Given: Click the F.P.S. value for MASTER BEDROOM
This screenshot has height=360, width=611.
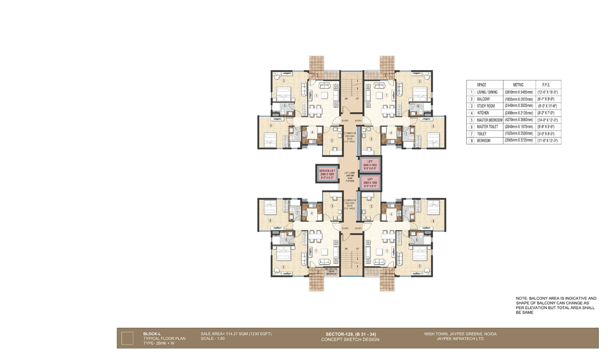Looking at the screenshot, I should (x=547, y=120).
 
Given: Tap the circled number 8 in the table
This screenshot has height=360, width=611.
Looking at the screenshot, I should (x=471, y=140).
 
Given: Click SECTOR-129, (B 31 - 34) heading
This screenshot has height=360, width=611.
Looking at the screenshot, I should (x=350, y=334).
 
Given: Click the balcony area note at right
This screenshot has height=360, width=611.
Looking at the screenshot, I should (x=556, y=305).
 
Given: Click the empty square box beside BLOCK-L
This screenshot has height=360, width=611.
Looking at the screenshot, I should (x=127, y=338).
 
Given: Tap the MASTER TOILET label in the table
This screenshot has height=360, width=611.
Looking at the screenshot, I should (x=489, y=126).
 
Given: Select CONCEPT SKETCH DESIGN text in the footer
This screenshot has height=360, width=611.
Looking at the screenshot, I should (x=350, y=339).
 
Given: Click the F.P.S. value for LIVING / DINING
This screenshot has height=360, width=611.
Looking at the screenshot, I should (x=547, y=92).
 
